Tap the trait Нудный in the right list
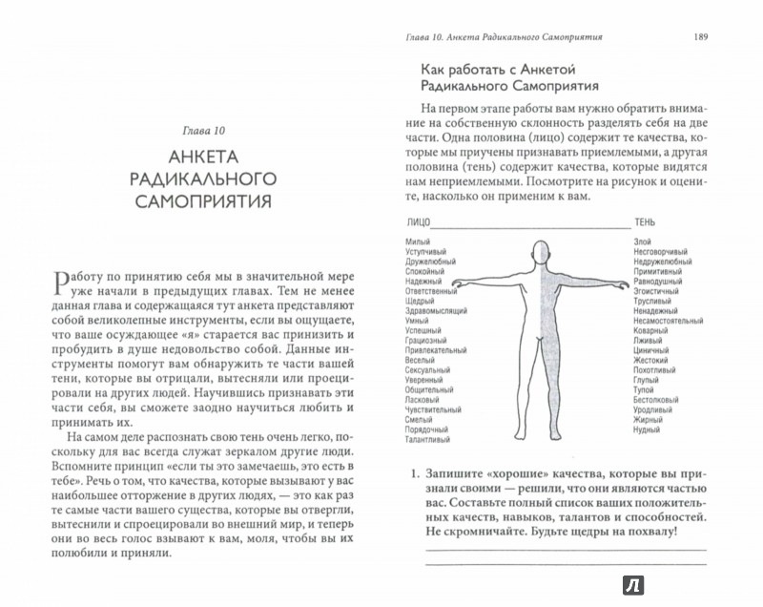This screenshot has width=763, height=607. tap(647, 455)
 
